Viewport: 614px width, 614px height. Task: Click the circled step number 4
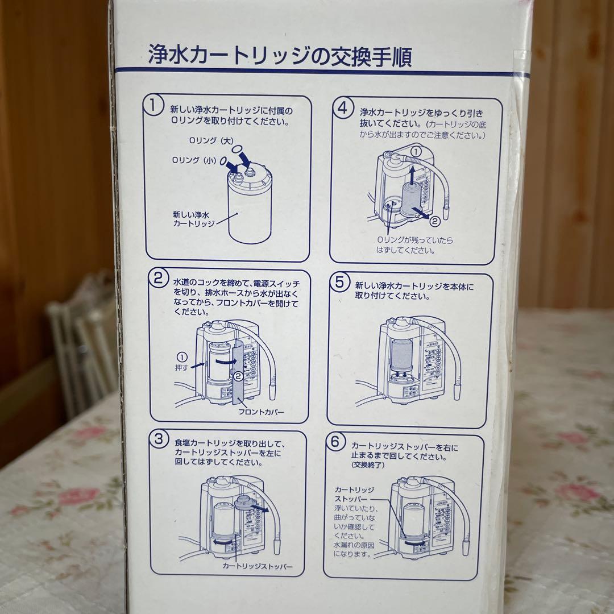343,108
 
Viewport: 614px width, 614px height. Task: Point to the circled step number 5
339,281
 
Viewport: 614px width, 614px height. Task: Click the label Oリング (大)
204,140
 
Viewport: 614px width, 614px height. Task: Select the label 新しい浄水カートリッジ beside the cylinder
193,219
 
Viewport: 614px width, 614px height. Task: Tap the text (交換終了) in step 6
368,465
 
